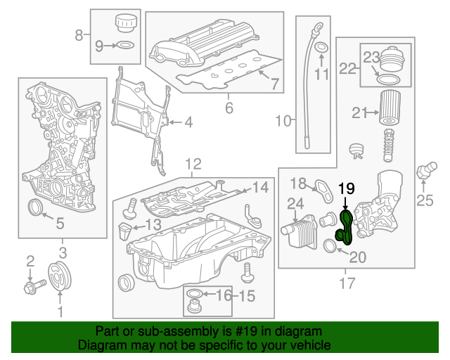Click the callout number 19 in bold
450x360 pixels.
347,188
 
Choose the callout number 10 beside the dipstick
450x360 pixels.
283,122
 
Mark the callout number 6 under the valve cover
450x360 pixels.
229,108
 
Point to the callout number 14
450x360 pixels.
260,187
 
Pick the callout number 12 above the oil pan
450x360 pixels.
193,165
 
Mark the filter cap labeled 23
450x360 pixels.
389,64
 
